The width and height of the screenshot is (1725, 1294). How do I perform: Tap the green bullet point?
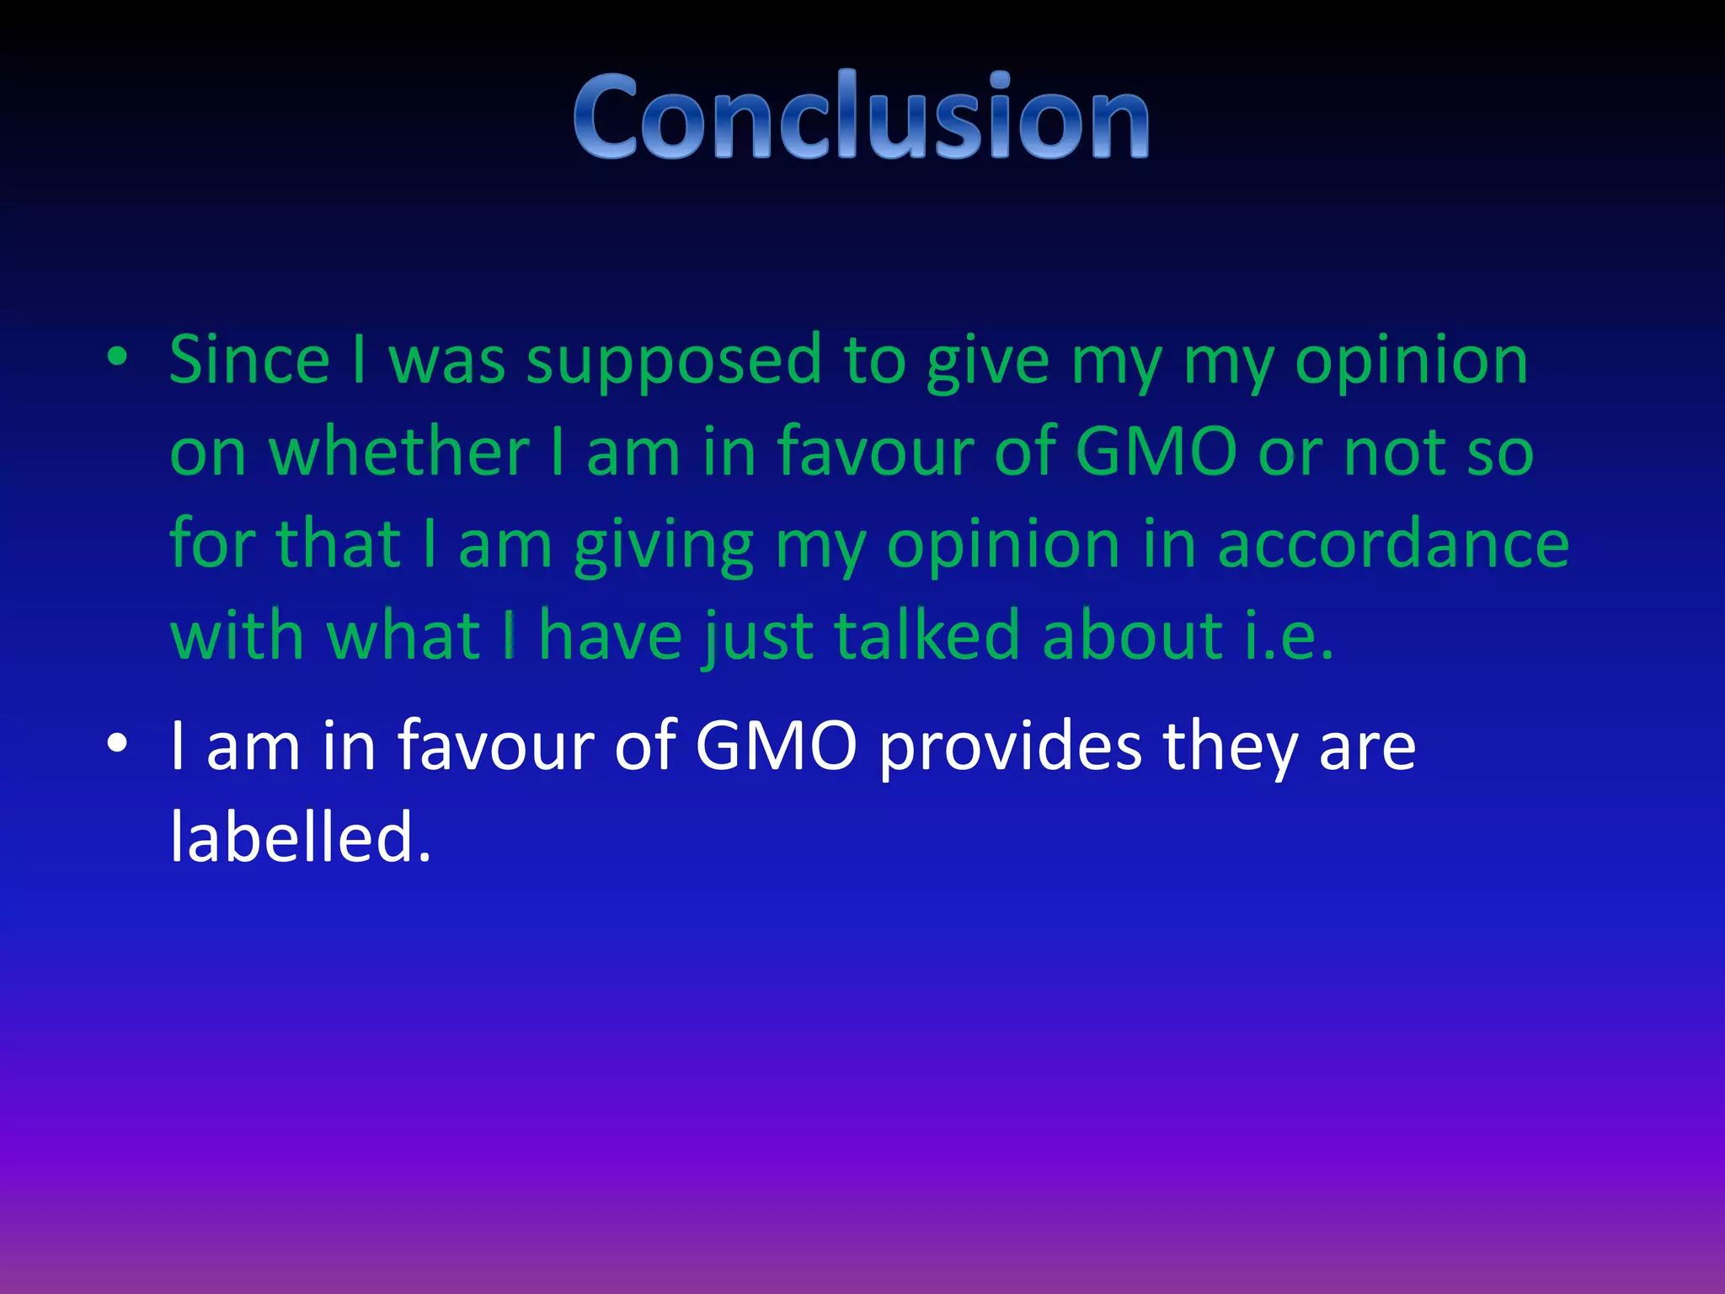point(117,358)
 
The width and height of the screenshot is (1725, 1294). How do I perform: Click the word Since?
point(249,360)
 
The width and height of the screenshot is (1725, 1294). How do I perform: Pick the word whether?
point(399,452)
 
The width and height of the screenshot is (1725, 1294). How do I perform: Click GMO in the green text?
point(1156,452)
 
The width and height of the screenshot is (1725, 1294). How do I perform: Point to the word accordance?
point(1393,544)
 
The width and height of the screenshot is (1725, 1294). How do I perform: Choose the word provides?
point(1010,748)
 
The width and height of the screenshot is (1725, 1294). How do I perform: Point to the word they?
point(1230,748)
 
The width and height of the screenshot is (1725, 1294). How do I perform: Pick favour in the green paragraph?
point(874,452)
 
